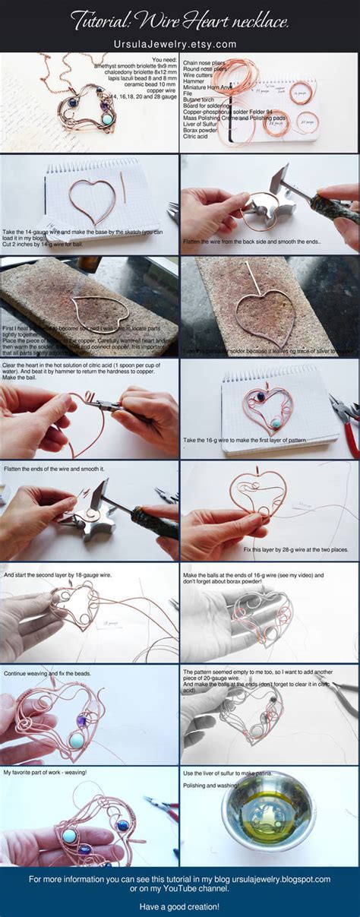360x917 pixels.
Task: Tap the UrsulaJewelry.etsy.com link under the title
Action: coord(179,46)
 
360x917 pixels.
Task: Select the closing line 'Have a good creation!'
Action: coord(179,906)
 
